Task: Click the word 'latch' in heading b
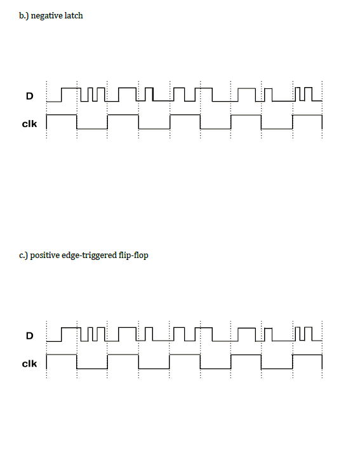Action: click(74, 15)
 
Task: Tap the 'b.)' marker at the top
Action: click(24, 16)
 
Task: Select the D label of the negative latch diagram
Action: click(30, 96)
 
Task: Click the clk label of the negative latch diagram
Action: click(30, 123)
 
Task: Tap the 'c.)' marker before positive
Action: click(23, 255)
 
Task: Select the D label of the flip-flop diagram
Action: click(30, 336)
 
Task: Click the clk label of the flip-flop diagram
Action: click(30, 364)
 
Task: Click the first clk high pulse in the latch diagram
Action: click(62, 115)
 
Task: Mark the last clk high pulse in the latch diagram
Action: click(307, 115)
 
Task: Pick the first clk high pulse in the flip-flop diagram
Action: click(62, 355)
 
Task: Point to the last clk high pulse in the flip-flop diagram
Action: click(307, 355)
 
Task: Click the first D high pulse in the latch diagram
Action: click(71, 88)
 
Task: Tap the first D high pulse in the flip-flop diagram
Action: click(71, 328)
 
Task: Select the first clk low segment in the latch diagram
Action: click(92, 129)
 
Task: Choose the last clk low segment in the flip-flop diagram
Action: click(277, 369)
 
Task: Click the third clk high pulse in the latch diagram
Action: click(185, 115)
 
